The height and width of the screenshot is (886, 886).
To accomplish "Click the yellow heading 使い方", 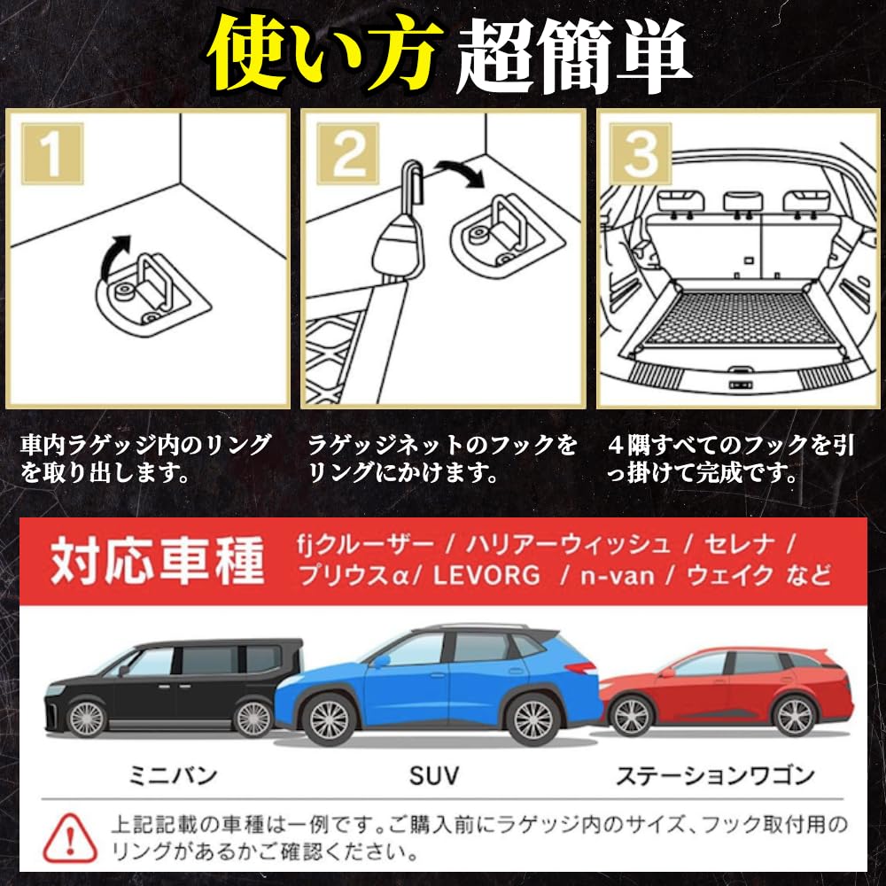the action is click(x=324, y=55).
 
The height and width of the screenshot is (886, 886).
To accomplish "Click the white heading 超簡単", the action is click(x=573, y=55).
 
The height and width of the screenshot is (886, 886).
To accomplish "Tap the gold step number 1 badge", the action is click(x=52, y=153).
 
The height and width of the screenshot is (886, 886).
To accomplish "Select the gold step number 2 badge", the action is click(x=347, y=153).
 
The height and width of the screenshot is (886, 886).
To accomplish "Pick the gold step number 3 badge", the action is click(x=641, y=153).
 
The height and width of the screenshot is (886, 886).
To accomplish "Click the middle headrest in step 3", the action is click(x=742, y=202).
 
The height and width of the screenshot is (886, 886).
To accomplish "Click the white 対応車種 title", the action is click(x=157, y=561).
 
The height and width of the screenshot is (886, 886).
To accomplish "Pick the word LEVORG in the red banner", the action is click(x=486, y=576).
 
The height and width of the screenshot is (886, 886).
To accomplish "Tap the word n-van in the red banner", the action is click(x=618, y=576).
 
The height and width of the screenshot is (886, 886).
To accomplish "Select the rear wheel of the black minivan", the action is click(x=253, y=719).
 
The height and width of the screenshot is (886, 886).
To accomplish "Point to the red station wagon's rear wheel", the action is click(x=795, y=717).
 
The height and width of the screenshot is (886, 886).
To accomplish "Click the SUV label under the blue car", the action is click(x=434, y=775).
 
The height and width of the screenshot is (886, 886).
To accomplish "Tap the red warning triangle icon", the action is click(x=69, y=837).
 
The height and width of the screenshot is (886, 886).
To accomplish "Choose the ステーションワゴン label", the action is click(x=715, y=775).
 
